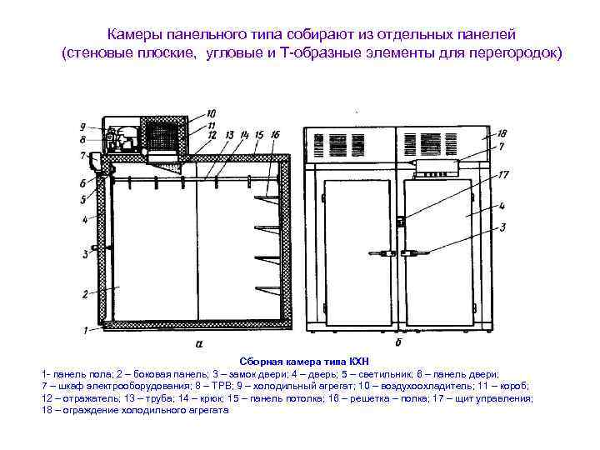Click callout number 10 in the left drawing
point(210,113)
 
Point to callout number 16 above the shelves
point(276,134)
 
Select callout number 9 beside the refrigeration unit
point(83,127)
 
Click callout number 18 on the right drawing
point(501,133)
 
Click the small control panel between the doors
point(401,221)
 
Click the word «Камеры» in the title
point(136,34)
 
